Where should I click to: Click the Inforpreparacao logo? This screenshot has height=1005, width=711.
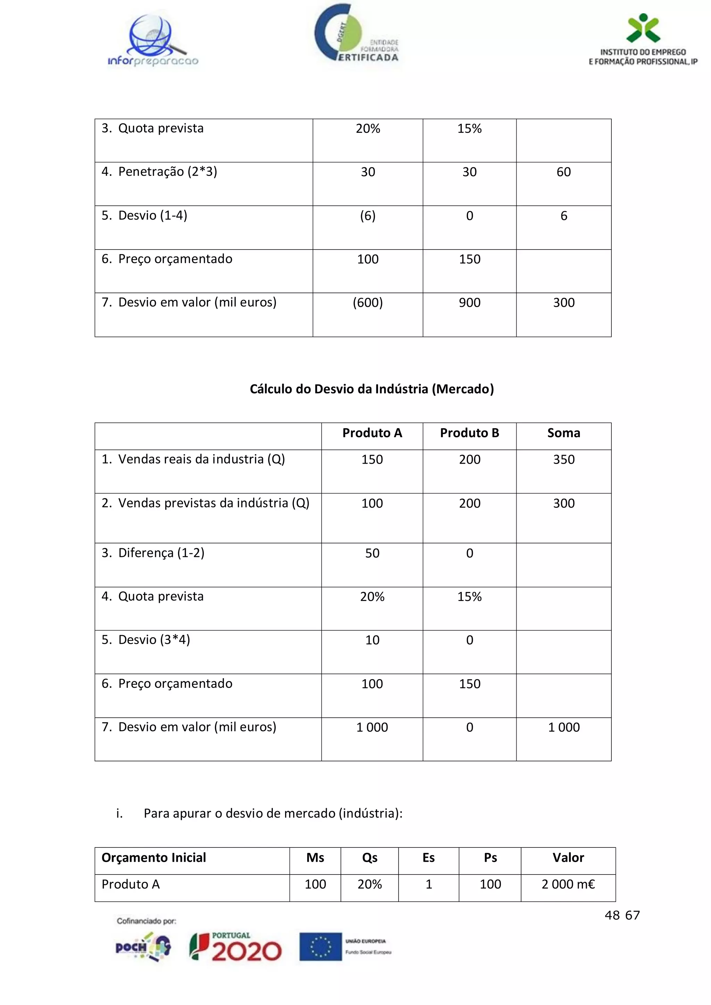click(x=153, y=41)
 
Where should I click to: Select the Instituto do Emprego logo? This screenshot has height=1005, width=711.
click(x=643, y=40)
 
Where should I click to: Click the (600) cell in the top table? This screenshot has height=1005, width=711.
click(x=368, y=303)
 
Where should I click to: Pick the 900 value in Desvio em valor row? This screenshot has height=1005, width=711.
click(x=469, y=303)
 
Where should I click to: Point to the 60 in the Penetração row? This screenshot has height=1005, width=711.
click(x=563, y=172)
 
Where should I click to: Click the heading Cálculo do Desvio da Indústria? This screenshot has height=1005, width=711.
click(x=372, y=389)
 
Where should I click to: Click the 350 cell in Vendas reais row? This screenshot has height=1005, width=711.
click(x=563, y=459)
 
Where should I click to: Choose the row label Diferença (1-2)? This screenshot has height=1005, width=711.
click(x=153, y=553)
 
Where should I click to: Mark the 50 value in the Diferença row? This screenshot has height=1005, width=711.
click(x=372, y=553)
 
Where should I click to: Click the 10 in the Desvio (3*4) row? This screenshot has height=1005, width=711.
click(x=372, y=640)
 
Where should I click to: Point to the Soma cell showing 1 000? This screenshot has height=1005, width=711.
click(x=563, y=727)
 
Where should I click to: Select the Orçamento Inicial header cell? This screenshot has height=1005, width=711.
click(x=154, y=858)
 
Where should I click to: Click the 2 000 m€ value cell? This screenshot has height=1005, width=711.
click(x=568, y=884)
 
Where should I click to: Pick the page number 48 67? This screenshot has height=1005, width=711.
click(x=622, y=915)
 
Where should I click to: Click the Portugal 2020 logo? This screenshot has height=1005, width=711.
click(x=235, y=947)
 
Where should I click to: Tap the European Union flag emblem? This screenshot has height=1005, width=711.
click(x=320, y=947)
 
